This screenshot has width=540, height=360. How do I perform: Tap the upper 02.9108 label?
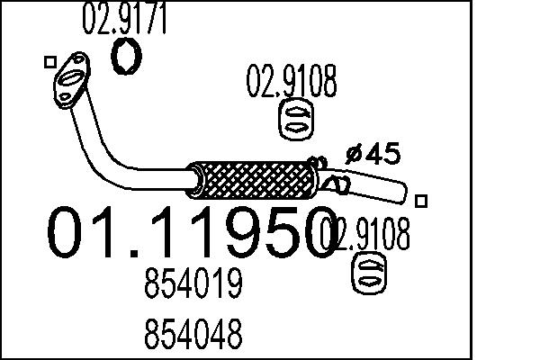coord(292,84)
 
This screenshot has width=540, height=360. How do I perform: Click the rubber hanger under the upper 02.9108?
coord(294,121)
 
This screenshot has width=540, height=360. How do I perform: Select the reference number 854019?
coord(193,286)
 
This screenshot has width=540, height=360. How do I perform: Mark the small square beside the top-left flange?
coord(49,61)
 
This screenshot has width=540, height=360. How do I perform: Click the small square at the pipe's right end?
coord(424,200)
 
